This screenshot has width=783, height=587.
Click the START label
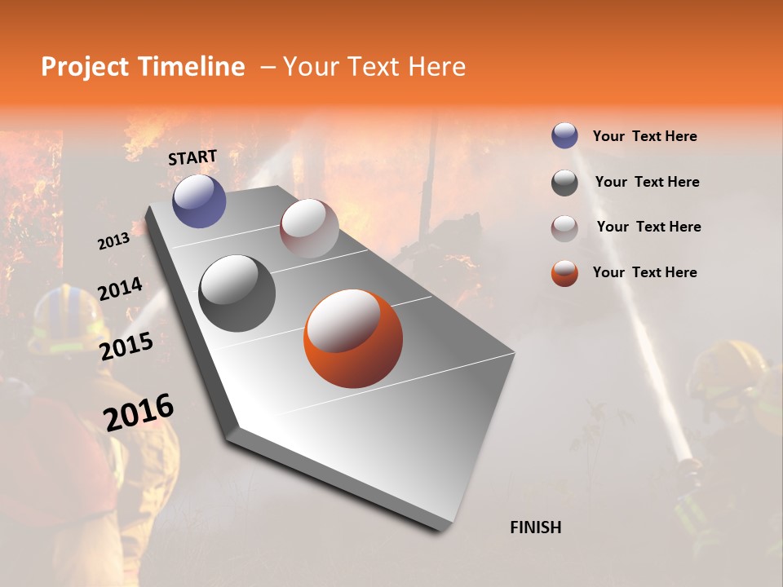192,157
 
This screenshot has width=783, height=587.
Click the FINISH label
535,527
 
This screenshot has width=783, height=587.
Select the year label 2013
113,241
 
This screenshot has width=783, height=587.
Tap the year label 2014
120,289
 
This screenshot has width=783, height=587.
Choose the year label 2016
139,412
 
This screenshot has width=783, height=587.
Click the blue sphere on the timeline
199,201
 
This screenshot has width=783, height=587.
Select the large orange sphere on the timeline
352,338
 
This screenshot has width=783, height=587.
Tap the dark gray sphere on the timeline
237,293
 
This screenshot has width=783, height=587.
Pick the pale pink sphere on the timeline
309,227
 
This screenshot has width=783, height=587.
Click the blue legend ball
564,136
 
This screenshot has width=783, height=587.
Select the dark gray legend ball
564,183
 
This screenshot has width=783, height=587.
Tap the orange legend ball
564,273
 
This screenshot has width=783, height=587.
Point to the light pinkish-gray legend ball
564,228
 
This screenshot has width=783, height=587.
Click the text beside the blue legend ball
644,136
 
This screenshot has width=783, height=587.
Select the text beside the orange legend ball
644,272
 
